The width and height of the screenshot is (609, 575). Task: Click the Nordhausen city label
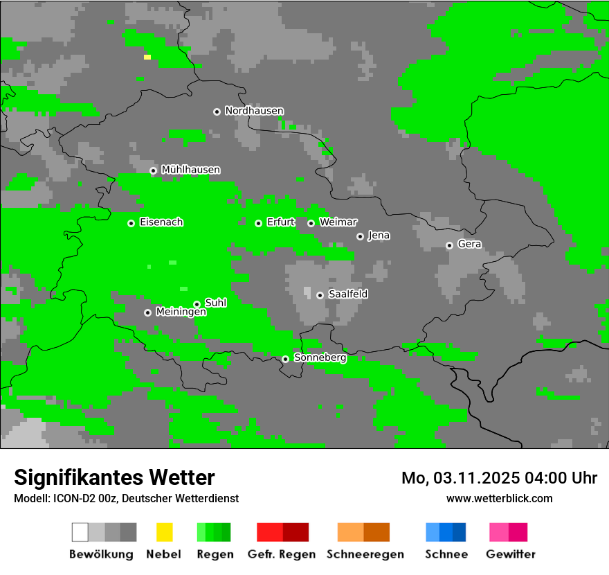[254, 111]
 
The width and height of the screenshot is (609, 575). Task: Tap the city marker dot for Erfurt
[258, 223]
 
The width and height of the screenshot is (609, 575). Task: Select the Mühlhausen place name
[190, 170]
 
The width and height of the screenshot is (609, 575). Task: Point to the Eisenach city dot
[131, 223]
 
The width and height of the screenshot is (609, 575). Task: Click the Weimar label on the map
[338, 222]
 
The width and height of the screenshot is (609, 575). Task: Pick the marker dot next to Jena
[360, 236]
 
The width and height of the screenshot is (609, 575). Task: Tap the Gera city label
[469, 245]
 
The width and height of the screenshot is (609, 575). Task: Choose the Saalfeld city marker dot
[320, 295]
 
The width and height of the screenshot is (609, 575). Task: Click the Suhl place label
[215, 303]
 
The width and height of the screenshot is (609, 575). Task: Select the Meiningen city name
[181, 312]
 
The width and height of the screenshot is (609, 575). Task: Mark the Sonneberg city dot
[285, 359]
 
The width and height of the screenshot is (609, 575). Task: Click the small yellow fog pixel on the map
[147, 57]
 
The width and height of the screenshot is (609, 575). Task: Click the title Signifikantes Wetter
[114, 477]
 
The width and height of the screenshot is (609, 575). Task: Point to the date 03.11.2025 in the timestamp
[478, 478]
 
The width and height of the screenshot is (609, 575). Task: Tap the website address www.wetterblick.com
[499, 498]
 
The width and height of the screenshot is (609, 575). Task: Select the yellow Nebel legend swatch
[164, 532]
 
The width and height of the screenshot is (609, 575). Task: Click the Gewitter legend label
[510, 554]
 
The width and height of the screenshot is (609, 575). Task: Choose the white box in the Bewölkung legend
[80, 532]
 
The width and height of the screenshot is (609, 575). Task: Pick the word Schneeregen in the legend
[365, 554]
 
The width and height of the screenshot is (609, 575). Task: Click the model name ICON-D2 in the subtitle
[71, 498]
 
